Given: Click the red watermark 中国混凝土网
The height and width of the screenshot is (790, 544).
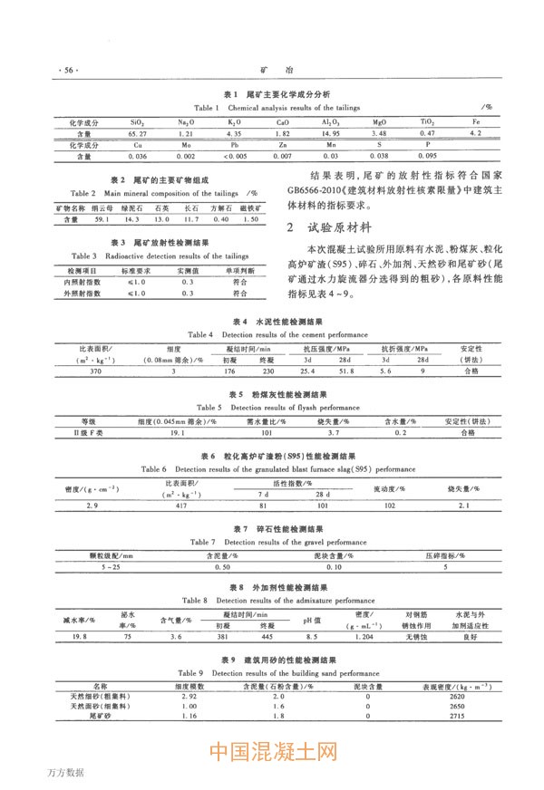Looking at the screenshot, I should click(273, 753).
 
